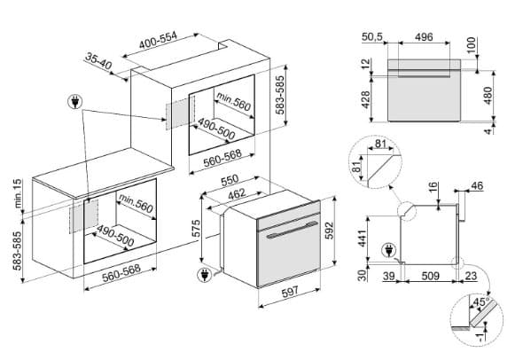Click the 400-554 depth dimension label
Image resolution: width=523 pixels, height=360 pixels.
167,42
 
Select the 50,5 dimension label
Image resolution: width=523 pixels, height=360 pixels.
371,37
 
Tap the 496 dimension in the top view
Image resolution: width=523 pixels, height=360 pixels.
423,37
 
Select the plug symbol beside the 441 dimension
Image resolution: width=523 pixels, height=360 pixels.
386,251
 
